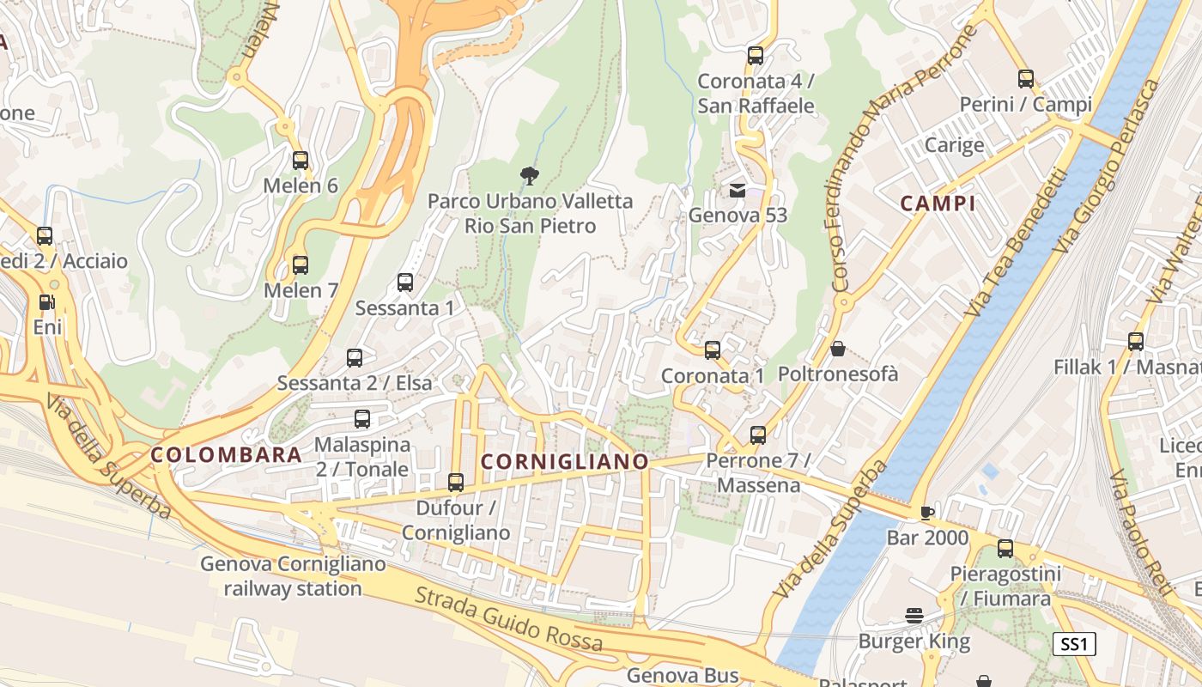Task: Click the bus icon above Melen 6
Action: point(300,161)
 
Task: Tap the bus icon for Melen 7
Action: point(300,265)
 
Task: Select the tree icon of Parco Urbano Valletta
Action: point(530,176)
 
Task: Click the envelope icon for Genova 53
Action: point(738,190)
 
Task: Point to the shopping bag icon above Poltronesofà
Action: point(838,349)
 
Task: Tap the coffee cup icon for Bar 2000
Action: point(926,513)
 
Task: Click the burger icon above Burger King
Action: point(914,615)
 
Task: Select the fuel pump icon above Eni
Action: point(46,302)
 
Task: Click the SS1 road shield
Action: point(1074,644)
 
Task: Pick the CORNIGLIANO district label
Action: point(564,462)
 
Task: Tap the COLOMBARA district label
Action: point(227,455)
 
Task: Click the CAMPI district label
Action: point(938,204)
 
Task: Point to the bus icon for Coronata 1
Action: point(712,350)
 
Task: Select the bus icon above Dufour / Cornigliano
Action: point(456,483)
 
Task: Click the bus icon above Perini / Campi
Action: point(1025,79)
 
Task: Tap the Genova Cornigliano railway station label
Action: point(293,576)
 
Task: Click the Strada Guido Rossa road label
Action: point(508,618)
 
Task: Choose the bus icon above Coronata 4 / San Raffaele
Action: point(755,56)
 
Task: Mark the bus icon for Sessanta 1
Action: point(404,283)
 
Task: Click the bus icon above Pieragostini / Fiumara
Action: point(1005,549)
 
